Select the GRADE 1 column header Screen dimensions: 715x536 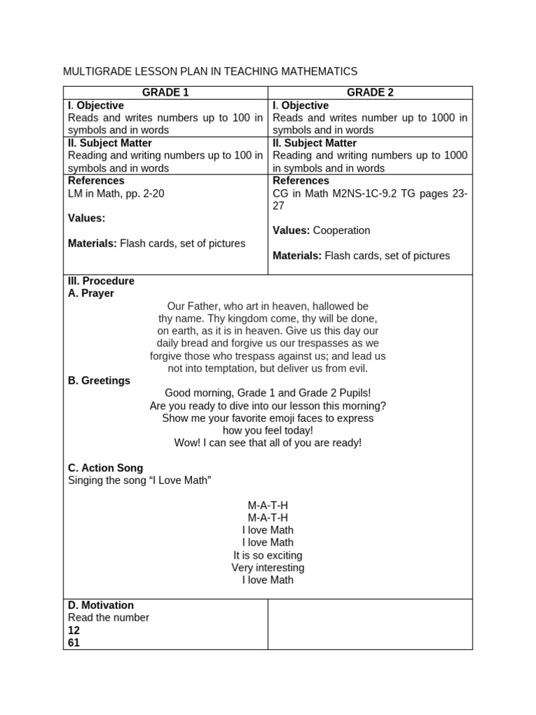(165, 92)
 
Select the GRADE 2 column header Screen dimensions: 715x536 (370, 92)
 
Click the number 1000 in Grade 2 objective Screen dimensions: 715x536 (440, 118)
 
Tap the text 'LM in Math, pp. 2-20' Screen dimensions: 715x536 (116, 193)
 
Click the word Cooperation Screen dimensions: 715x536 (342, 230)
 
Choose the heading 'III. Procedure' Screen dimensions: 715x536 (101, 281)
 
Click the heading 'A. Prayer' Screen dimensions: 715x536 (91, 293)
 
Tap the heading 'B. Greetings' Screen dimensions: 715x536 (99, 381)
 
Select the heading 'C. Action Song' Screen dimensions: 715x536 (105, 468)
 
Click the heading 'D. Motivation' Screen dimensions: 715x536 (100, 605)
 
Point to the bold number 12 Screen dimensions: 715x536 (74, 630)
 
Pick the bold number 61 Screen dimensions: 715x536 (74, 642)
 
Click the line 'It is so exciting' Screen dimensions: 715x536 (268, 555)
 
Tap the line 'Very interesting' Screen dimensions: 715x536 (268, 568)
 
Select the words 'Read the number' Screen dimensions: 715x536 (108, 617)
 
